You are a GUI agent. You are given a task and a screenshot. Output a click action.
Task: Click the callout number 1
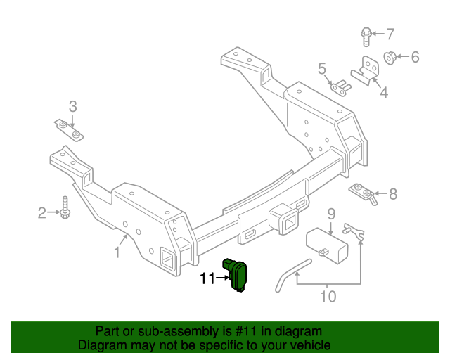(x=117, y=252)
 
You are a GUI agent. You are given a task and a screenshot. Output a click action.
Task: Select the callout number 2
(x=42, y=212)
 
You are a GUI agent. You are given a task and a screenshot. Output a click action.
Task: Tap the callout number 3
(x=72, y=107)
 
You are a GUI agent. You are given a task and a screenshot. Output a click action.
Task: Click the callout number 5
(x=322, y=68)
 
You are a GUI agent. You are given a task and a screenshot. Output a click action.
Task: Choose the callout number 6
(x=414, y=57)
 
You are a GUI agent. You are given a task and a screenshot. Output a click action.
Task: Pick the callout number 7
(x=390, y=33)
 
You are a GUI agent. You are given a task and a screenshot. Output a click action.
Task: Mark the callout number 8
(x=392, y=193)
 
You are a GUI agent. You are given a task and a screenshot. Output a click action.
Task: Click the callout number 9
(x=330, y=214)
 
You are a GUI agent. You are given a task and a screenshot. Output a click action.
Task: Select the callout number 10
(x=328, y=296)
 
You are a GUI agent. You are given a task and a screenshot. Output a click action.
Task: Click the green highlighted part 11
(x=239, y=275)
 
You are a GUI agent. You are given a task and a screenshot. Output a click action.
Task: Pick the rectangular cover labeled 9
(x=328, y=243)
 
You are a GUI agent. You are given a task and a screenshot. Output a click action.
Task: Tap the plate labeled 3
(x=70, y=129)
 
